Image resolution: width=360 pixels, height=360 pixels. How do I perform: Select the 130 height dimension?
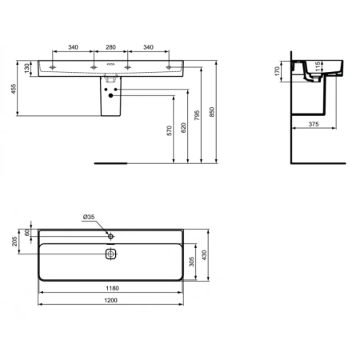pos(26,68)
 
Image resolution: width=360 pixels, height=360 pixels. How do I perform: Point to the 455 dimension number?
pos(11,89)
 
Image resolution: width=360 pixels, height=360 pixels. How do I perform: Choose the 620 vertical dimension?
pos(186,126)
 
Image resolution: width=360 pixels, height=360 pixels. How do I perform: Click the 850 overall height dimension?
pos(214,113)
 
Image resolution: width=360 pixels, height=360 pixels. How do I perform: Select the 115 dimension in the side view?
pos(317,67)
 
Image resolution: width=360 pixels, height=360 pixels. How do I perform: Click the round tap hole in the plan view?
pos(111,236)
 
